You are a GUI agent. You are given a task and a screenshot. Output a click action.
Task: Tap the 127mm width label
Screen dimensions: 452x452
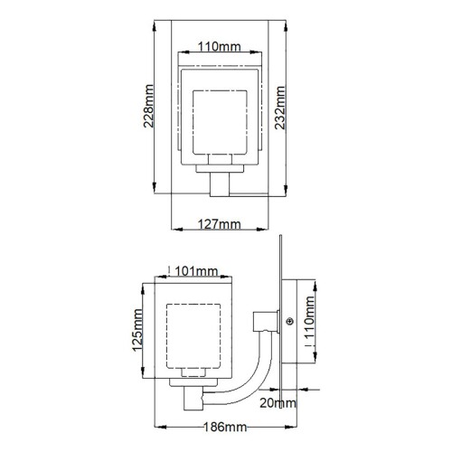pyautogui.click(x=218, y=223)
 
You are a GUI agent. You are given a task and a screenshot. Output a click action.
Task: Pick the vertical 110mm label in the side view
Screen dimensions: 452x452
pyautogui.click(x=312, y=331)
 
